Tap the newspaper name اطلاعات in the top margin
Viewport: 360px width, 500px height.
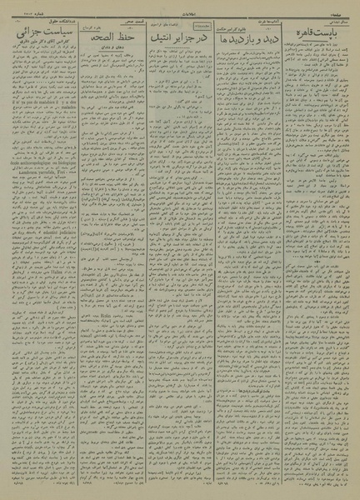pyautogui.click(x=179, y=7)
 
